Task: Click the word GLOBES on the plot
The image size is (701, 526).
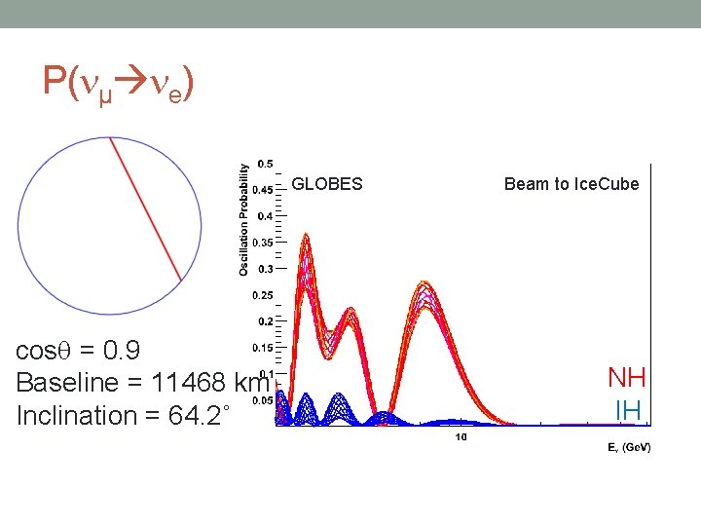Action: click(327, 183)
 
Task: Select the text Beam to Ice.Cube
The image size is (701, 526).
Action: click(572, 183)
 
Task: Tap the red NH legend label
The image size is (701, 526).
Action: click(626, 378)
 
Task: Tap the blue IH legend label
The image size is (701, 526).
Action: click(628, 410)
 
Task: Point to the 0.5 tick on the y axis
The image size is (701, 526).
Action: click(264, 164)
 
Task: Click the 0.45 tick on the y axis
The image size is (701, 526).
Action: click(262, 190)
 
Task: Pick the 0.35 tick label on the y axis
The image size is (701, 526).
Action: click(262, 243)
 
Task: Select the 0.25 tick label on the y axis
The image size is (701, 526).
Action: click(262, 295)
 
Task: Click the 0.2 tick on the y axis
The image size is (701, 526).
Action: click(264, 321)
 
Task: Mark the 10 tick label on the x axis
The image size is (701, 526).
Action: click(461, 436)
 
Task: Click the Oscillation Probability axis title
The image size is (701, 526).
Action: click(243, 219)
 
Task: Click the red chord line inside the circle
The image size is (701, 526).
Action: click(145, 209)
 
